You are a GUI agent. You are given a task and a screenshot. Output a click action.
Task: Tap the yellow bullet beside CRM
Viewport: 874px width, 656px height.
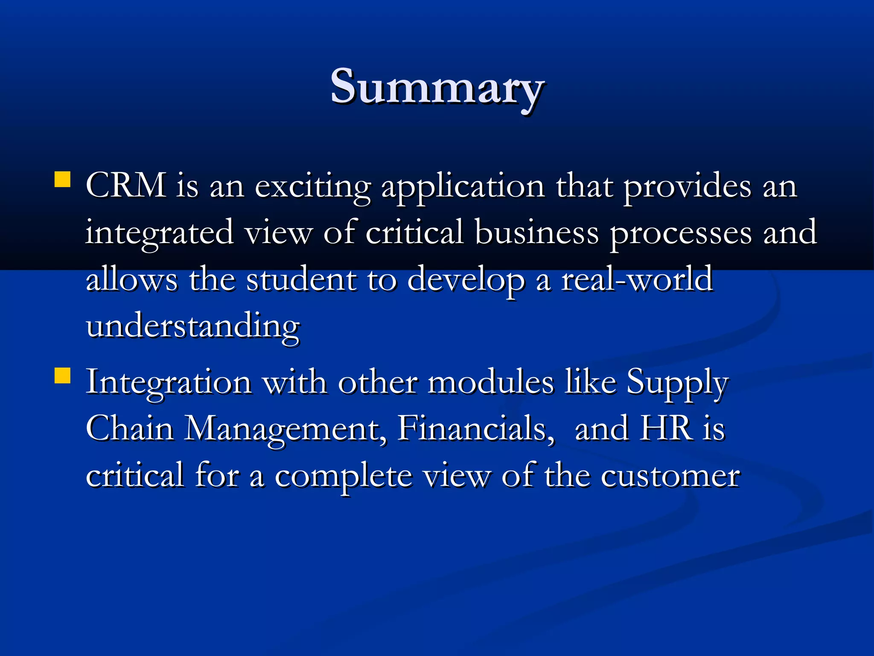(x=62, y=180)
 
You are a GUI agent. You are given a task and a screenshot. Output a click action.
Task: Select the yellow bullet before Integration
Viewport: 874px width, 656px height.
(x=62, y=376)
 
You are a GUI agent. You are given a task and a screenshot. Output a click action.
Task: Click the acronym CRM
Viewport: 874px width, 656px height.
(x=126, y=186)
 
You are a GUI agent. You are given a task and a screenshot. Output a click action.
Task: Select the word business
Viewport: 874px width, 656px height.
(x=537, y=233)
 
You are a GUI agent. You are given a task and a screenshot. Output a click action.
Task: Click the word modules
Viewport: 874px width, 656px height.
(x=491, y=382)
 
